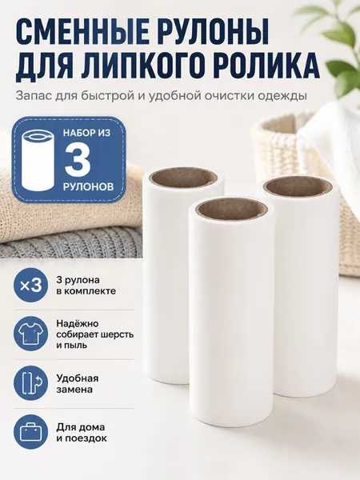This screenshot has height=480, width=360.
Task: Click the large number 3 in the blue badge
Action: [x=78, y=159]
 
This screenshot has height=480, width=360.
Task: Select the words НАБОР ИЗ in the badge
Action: [x=86, y=133]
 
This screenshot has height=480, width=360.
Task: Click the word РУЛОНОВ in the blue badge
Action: [x=88, y=186]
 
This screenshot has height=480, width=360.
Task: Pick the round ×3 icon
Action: [x=30, y=286]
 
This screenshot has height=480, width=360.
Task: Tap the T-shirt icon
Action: [x=30, y=334]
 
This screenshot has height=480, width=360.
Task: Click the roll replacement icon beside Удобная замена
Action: [x=30, y=382]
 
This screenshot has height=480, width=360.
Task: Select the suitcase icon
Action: [x=30, y=432]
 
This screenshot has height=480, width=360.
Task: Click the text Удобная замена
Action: [x=77, y=383]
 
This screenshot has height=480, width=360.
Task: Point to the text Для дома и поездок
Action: [x=82, y=432]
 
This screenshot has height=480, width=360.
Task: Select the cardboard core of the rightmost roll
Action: [x=298, y=186]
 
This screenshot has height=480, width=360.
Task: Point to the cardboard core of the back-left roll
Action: [x=184, y=177]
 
